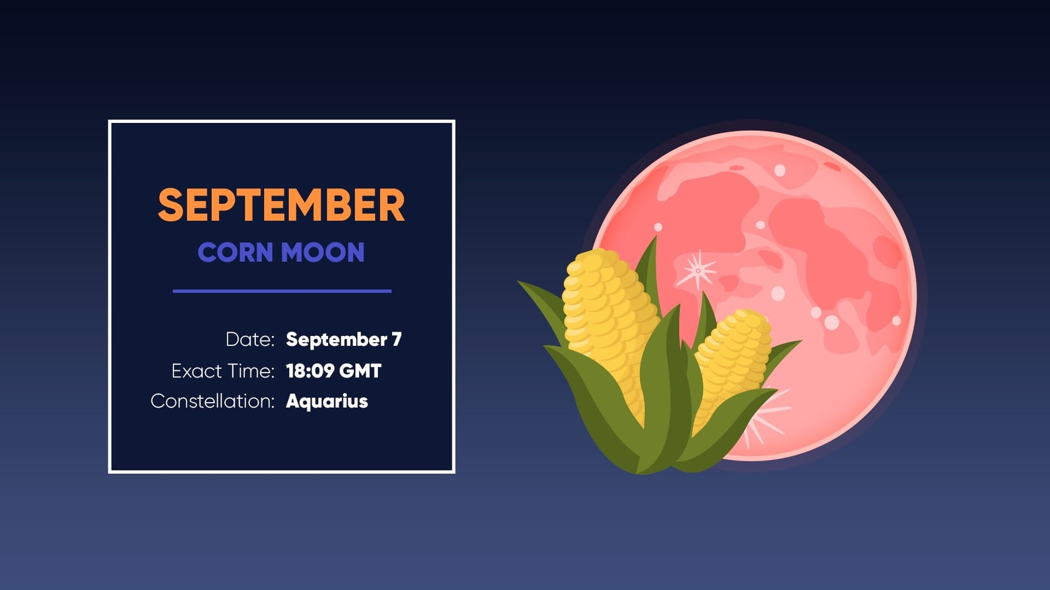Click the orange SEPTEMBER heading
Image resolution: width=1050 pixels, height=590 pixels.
[281, 205]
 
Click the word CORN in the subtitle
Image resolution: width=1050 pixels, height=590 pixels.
[235, 252]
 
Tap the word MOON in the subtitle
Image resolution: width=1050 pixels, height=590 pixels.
[323, 252]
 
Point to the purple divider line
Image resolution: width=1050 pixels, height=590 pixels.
[282, 291]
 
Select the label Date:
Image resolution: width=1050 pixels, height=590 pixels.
[250, 339]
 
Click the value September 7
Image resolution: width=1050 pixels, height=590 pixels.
[343, 339]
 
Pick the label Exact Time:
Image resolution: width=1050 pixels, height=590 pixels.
[223, 371]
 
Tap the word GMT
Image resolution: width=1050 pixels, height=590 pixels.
[360, 371]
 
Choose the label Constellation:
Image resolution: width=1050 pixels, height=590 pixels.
[212, 401]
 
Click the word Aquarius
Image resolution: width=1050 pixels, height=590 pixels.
[327, 401]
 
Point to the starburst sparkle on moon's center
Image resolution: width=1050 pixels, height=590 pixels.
[698, 270]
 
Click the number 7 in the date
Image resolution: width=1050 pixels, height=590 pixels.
[396, 339]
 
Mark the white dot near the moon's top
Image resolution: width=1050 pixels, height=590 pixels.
[780, 170]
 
